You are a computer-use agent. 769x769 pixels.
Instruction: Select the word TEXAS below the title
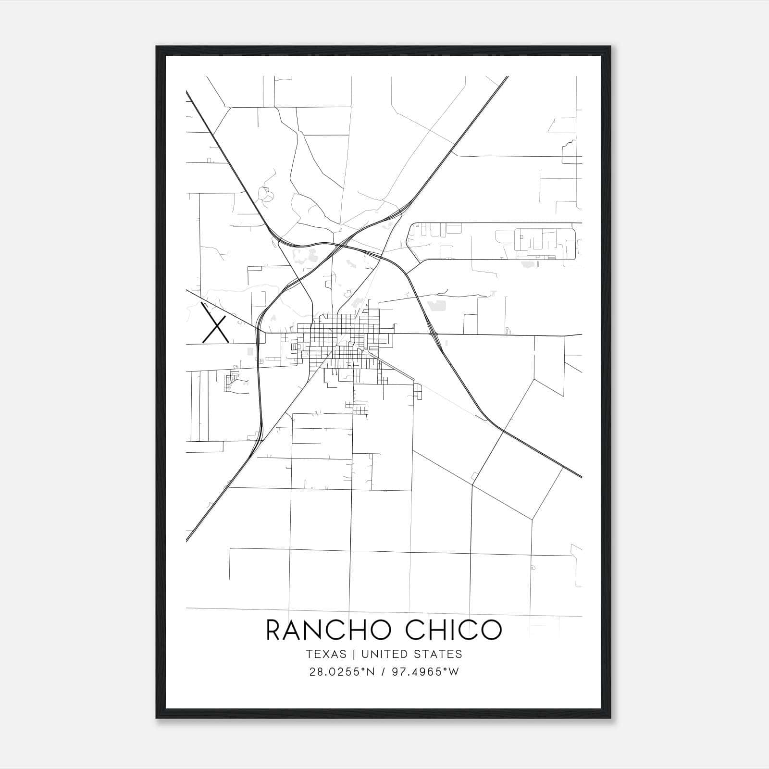[326, 654]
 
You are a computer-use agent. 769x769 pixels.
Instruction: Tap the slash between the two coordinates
[383, 672]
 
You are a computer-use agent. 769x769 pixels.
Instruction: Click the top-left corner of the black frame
[156, 47]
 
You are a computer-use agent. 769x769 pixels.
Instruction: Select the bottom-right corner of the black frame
[610, 718]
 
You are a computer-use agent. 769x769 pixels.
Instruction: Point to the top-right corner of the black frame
[610, 47]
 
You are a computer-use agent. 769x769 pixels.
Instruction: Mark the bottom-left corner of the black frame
[156, 718]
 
